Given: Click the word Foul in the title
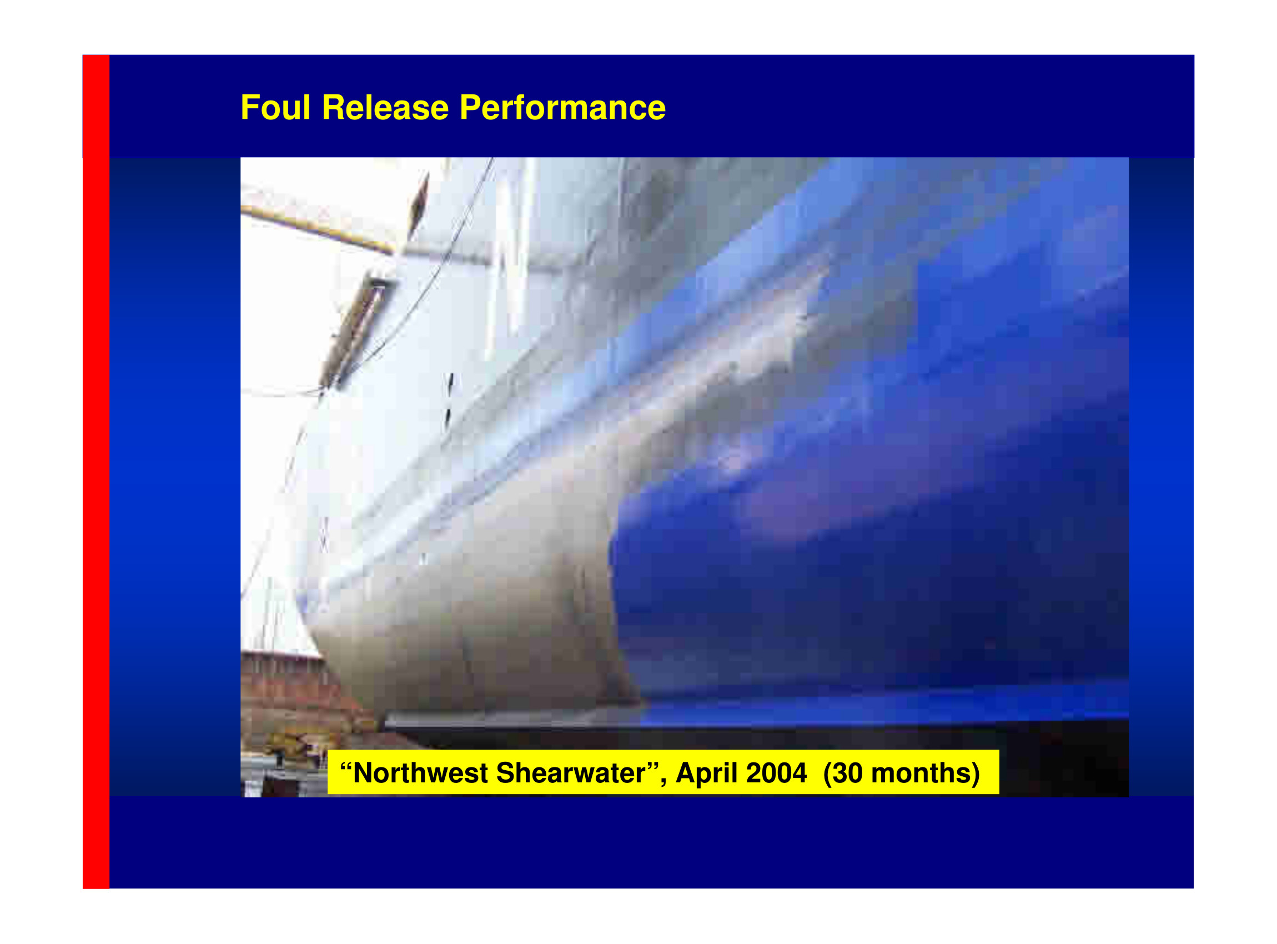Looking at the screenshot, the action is (x=275, y=107).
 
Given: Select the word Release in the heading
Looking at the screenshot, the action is (x=386, y=107).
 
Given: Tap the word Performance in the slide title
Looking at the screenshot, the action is (x=563, y=107).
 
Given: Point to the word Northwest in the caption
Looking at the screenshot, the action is (x=421, y=773).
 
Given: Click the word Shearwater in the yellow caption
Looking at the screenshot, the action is (x=571, y=773).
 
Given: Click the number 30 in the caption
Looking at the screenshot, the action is (x=847, y=773).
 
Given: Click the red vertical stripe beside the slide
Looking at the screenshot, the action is (x=96, y=471).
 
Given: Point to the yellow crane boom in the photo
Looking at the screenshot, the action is (x=318, y=229).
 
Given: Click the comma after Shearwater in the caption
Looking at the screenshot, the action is (x=663, y=783).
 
